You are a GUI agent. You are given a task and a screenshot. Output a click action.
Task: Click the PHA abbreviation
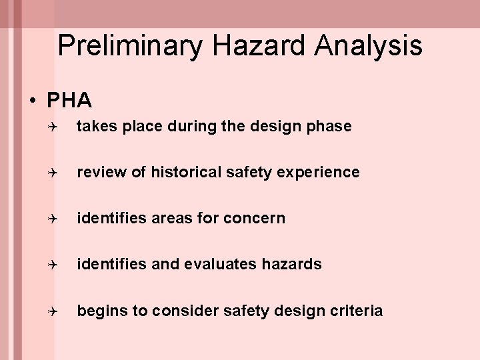69,101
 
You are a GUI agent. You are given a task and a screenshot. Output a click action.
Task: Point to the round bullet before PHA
32,101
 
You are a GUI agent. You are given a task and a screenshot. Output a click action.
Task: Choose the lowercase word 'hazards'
291,264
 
